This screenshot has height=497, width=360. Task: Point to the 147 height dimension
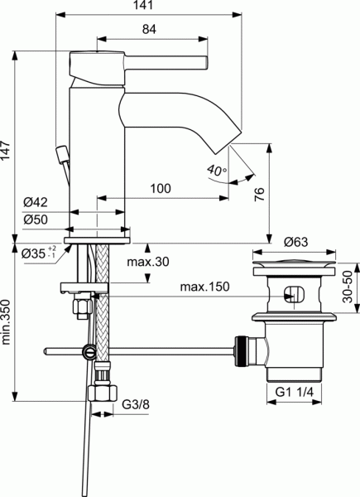(7, 150)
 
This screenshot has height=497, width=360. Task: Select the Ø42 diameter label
(34, 202)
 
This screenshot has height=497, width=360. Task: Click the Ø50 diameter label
(34, 220)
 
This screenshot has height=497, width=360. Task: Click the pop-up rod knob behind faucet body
(61, 153)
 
